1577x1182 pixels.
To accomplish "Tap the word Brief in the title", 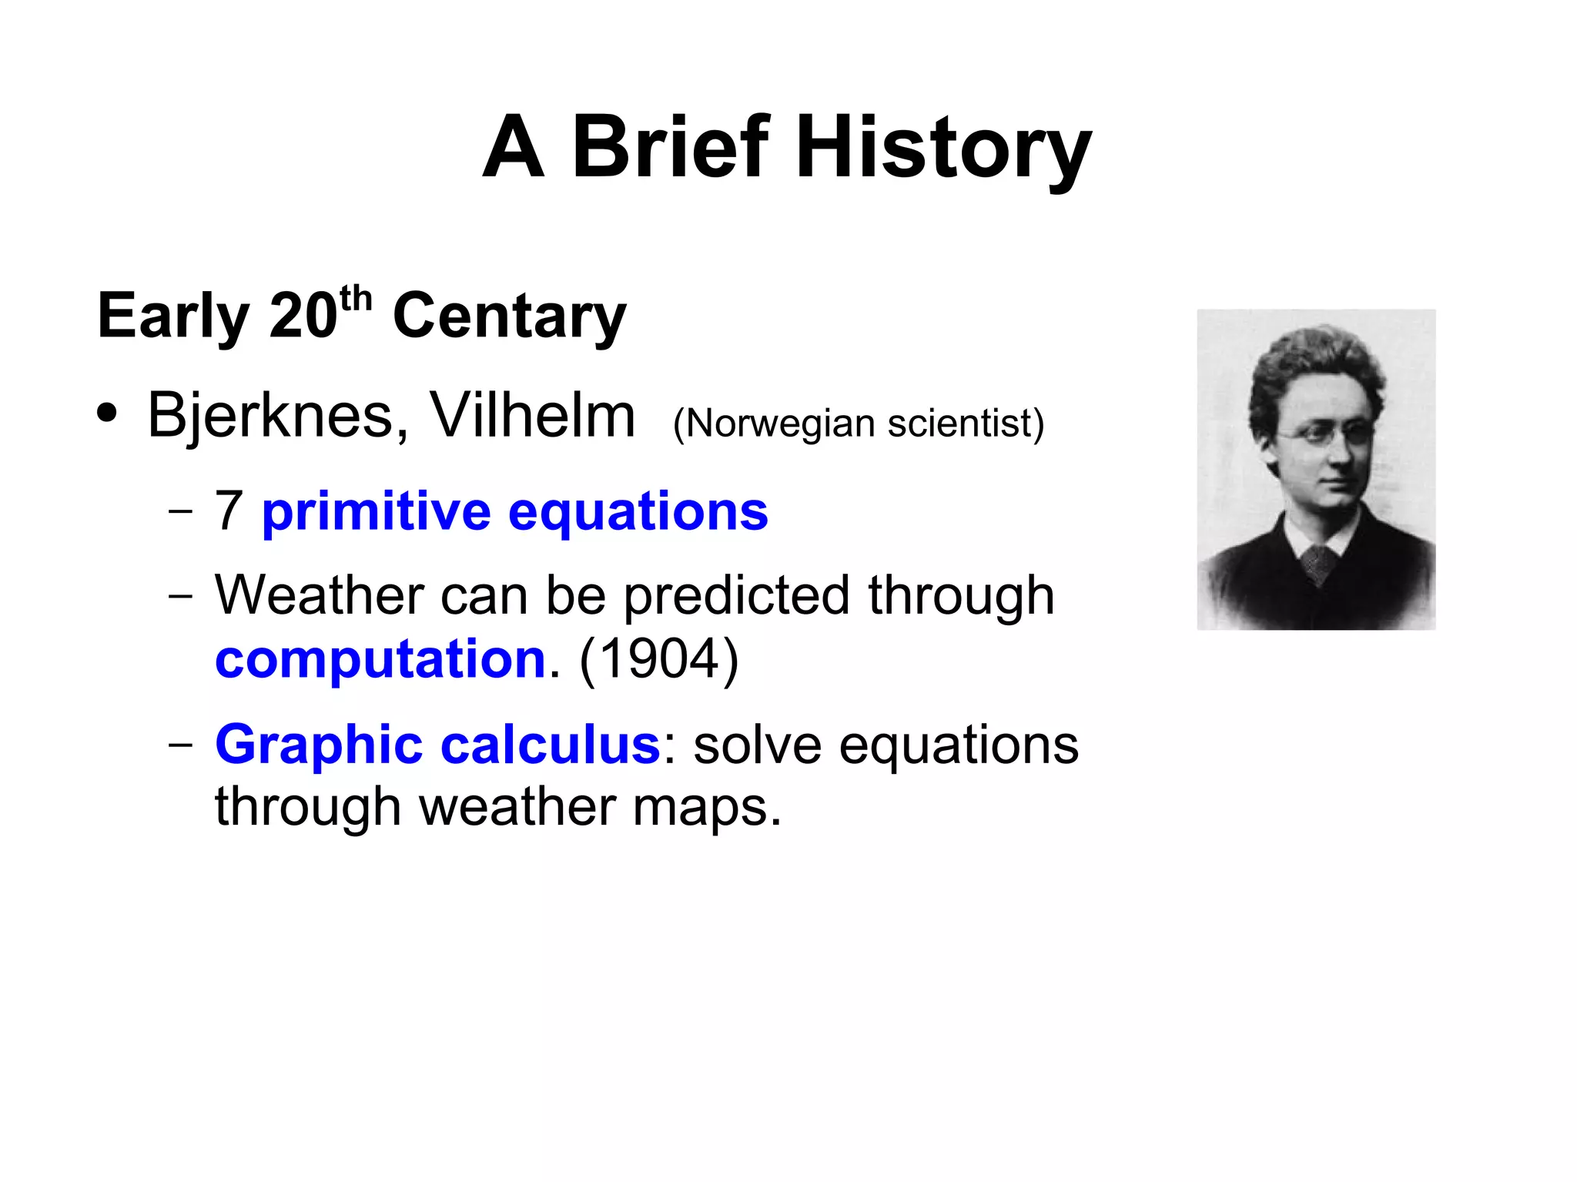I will tap(671, 146).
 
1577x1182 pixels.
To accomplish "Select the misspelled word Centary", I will tap(509, 316).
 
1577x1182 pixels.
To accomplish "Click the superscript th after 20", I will tap(356, 299).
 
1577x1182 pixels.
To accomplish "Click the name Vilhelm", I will tap(532, 416).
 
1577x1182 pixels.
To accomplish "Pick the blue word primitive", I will tap(376, 512).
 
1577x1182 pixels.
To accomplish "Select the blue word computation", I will tap(380, 660).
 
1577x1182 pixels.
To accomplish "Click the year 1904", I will tap(658, 660).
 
